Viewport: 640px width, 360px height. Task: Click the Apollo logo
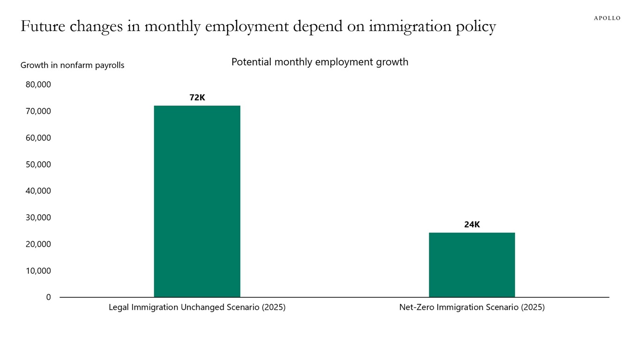pos(607,18)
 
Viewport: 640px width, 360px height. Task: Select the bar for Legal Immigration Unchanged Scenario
pos(197,202)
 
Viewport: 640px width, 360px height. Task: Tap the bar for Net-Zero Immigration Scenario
pos(472,265)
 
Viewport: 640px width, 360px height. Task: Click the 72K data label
pos(197,97)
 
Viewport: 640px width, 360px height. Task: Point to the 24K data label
pos(472,225)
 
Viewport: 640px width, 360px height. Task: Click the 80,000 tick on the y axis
pos(38,85)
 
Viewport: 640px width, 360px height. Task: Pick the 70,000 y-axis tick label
pos(38,112)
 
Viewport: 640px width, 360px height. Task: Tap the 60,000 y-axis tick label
pos(38,138)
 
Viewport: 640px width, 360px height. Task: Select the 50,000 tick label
pos(38,165)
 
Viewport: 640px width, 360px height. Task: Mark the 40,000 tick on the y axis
pos(38,191)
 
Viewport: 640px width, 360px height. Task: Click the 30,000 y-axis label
pos(38,217)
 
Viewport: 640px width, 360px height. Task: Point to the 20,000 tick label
pos(38,244)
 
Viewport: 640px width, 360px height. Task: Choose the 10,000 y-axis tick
pos(38,271)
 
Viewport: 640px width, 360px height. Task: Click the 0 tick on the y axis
pos(48,297)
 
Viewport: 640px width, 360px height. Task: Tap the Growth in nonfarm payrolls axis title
pos(73,65)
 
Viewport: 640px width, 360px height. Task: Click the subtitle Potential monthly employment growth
pos(320,62)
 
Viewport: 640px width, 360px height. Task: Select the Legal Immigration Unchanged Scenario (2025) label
pos(197,307)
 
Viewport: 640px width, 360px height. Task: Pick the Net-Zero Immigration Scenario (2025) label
pos(472,307)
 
